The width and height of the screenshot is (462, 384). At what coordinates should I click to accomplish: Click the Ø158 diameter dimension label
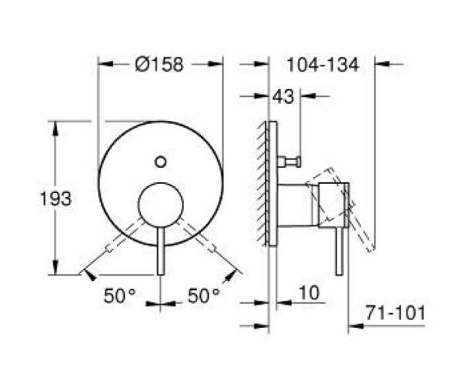pyautogui.click(x=159, y=65)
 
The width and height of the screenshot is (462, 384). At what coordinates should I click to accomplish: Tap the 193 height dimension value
pyautogui.click(x=55, y=198)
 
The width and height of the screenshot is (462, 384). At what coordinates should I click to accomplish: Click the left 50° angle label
pyautogui.click(x=121, y=295)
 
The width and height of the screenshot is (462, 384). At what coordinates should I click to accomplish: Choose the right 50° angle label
pyautogui.click(x=204, y=295)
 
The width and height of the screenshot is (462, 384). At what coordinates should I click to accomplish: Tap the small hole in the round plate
pyautogui.click(x=160, y=162)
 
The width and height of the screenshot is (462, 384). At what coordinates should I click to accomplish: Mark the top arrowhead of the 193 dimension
pyautogui.click(x=55, y=125)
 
